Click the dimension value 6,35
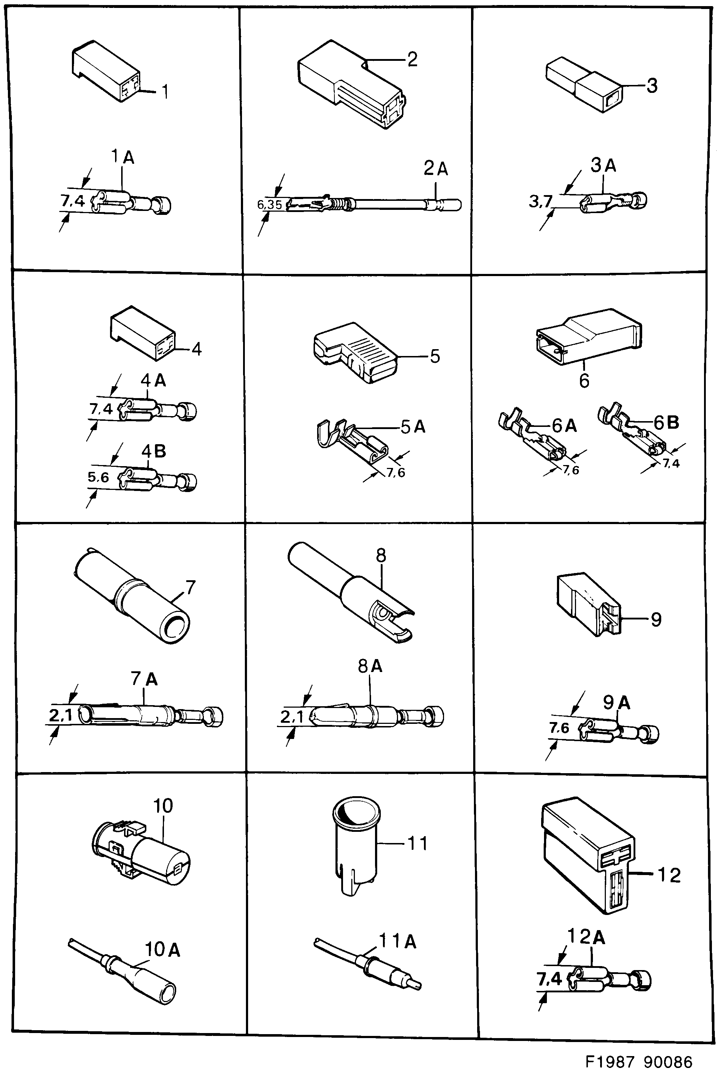pos(269,204)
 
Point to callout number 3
pos(652,86)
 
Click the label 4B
pos(153,451)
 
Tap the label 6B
pos(666,422)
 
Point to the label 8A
pos(370,666)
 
